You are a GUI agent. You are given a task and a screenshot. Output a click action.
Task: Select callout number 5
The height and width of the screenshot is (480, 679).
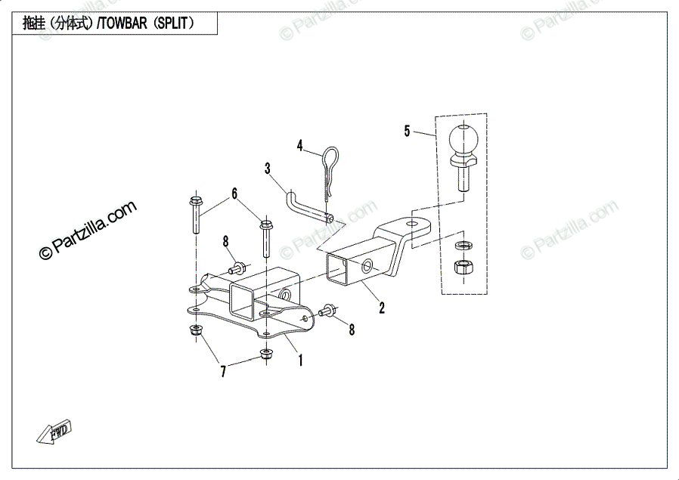click(407, 132)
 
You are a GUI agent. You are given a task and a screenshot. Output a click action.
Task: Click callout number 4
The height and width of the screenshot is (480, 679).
click(299, 144)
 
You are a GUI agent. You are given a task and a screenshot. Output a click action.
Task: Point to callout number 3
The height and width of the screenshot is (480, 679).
click(268, 168)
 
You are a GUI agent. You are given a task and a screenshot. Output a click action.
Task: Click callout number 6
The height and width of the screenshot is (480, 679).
click(234, 194)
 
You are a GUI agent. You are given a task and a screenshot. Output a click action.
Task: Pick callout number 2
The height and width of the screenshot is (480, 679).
click(382, 308)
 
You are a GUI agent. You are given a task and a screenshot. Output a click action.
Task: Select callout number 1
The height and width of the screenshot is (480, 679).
click(300, 361)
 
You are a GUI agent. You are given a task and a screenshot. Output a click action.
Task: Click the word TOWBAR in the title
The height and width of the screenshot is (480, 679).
click(122, 23)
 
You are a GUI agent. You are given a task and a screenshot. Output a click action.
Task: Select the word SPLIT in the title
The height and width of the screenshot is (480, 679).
click(173, 23)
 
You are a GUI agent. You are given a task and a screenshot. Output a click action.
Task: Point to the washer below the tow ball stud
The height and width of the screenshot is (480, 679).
click(460, 246)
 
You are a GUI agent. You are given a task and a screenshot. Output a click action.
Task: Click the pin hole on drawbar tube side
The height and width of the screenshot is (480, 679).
click(367, 266)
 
